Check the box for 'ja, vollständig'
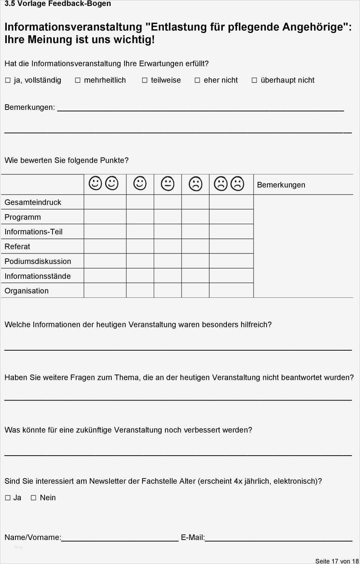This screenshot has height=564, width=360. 8,80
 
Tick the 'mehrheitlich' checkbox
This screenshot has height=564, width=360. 78,80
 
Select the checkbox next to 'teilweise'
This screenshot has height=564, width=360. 145,80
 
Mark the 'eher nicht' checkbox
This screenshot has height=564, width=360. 197,80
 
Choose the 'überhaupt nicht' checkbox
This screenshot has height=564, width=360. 254,80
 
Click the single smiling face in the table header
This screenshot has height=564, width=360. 140,184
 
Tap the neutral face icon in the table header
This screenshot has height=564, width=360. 168,184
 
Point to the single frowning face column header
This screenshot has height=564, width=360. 195,184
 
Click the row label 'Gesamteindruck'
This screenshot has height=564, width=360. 33,202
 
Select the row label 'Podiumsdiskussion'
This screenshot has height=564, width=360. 38,261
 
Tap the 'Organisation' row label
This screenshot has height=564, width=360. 27,291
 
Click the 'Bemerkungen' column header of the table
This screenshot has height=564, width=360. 281,185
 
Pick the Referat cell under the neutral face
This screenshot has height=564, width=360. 168,246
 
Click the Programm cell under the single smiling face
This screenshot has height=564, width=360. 140,217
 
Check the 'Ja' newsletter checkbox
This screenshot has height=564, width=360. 8,498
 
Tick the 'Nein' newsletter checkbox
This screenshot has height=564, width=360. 33,498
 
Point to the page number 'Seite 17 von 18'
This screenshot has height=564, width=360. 337,561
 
